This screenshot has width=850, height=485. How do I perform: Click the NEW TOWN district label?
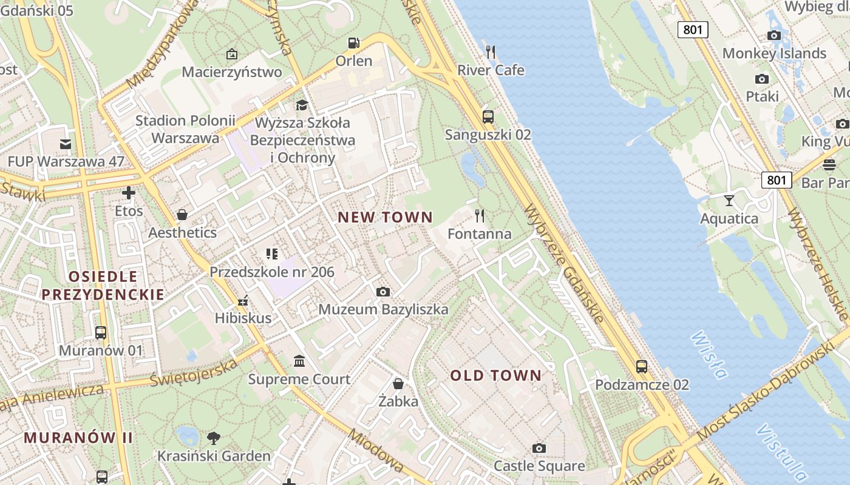[385, 217]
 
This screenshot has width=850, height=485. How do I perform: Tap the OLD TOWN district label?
[495, 375]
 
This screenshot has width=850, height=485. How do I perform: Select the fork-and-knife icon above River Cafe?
[491, 52]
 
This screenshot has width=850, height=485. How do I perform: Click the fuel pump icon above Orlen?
[353, 43]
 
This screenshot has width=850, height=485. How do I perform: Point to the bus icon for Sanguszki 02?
[488, 117]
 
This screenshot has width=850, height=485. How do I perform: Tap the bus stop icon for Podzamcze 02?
[642, 367]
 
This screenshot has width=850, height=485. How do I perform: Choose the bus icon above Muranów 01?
[101, 333]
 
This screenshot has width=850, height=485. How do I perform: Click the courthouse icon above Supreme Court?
[299, 361]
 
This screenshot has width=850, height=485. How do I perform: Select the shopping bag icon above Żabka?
[398, 383]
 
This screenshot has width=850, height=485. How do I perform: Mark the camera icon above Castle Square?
[539, 448]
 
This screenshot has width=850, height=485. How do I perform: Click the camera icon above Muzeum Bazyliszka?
[382, 292]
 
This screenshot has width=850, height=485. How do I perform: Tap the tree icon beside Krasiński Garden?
[213, 438]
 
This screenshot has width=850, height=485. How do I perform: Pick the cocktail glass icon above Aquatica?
[729, 200]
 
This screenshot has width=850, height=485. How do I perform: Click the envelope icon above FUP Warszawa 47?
[66, 144]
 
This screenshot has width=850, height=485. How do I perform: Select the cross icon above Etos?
[129, 193]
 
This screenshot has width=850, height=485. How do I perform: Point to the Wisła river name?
[709, 355]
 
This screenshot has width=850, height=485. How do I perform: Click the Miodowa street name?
[376, 451]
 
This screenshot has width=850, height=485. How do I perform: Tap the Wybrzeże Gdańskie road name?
[564, 264]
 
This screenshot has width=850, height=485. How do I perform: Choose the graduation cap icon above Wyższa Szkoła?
[302, 105]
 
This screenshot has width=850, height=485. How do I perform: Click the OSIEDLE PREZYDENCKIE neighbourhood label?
[103, 286]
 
